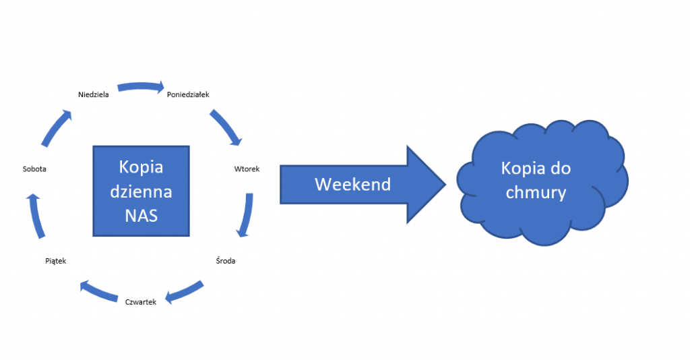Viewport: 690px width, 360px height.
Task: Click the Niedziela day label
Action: [94, 95]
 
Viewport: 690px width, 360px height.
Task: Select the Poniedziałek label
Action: [188, 95]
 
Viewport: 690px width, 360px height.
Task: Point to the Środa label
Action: [226, 260]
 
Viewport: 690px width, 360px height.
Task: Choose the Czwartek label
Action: [141, 302]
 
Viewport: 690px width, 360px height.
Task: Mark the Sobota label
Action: [34, 169]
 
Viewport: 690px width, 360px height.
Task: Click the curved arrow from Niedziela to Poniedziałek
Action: [140, 87]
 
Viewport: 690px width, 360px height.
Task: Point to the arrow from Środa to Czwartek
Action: [185, 291]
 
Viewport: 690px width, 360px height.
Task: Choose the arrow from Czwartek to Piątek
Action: [100, 291]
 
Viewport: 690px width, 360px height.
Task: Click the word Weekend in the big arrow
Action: [352, 184]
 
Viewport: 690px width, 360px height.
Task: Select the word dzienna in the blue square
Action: [141, 191]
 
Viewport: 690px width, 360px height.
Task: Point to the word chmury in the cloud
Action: [536, 192]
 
